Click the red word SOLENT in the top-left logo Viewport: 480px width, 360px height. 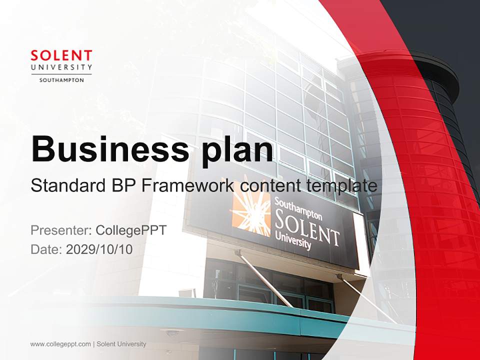61,55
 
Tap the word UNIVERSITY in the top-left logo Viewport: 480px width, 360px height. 61,67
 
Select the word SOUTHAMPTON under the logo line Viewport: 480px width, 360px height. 61,79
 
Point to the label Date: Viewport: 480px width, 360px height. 46,249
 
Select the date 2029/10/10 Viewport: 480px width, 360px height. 99,249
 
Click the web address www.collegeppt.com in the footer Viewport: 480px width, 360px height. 60,344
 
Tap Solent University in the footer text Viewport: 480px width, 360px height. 121,344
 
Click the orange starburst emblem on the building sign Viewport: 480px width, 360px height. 251,212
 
